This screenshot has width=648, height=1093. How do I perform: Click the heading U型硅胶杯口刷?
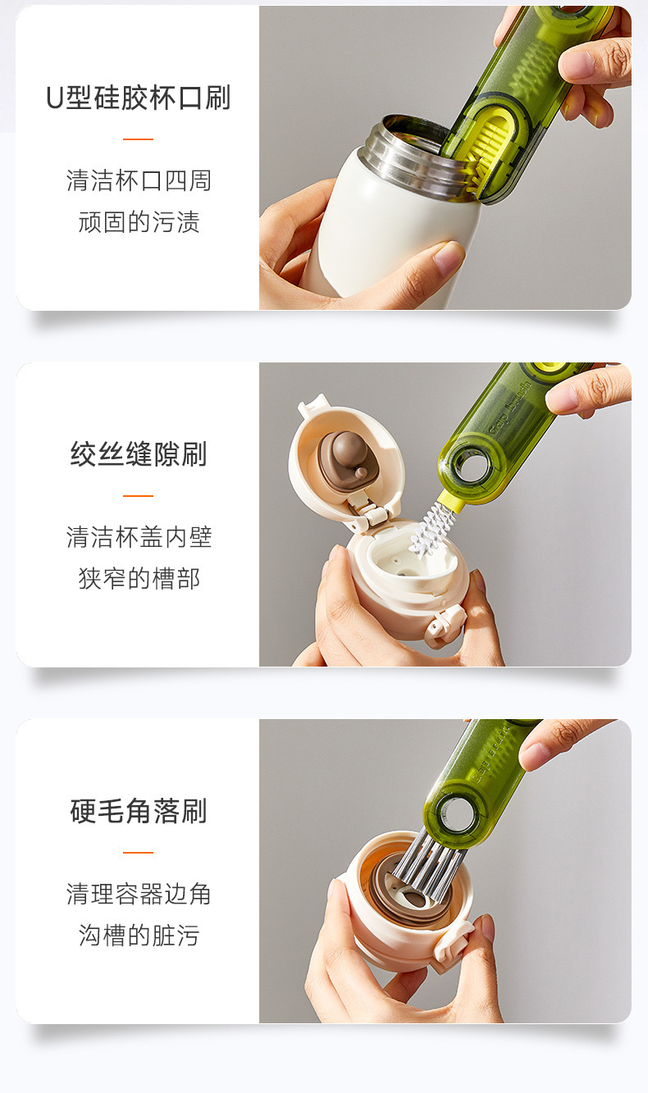pos(138,98)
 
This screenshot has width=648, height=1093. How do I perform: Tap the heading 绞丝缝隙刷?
pos(139,453)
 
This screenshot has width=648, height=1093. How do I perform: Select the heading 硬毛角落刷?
pos(139,811)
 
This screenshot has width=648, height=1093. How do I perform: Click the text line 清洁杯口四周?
pos(139,180)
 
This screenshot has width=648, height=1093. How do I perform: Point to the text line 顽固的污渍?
pos(139,222)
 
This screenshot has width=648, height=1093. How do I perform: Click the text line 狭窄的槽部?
pos(139,579)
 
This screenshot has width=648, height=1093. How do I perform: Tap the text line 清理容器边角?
pos(139,894)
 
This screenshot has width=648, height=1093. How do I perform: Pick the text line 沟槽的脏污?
pos(139,936)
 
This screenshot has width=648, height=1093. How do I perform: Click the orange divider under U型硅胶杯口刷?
pos(138,139)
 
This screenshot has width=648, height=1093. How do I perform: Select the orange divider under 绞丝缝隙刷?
pos(138,496)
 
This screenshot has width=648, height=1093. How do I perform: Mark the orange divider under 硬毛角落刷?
pos(138,853)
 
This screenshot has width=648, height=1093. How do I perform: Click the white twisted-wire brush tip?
pos(429,531)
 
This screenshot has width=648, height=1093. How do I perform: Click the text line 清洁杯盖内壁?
pos(139,537)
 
